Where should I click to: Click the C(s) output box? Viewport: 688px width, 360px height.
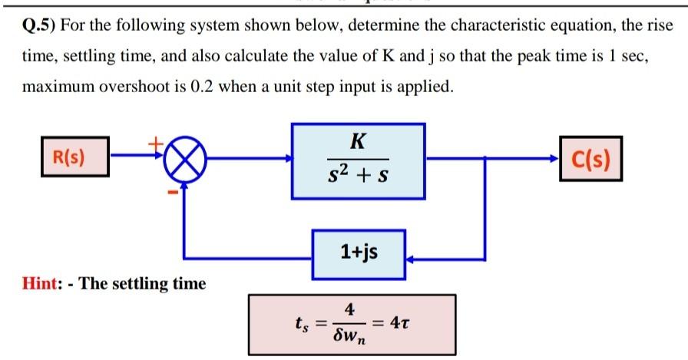coord(591,160)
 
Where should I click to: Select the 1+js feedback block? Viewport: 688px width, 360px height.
coord(359,251)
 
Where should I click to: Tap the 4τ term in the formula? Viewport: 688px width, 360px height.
coord(404,321)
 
